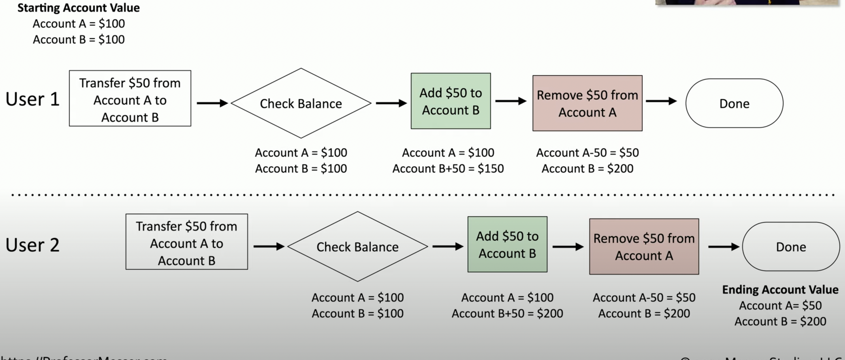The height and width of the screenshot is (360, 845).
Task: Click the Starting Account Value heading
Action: tap(79, 8)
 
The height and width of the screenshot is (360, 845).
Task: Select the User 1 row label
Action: tap(32, 99)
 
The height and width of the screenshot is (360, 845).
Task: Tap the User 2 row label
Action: tap(32, 245)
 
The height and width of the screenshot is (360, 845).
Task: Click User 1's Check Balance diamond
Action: tap(301, 103)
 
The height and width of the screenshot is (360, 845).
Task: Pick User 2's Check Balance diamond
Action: tap(357, 247)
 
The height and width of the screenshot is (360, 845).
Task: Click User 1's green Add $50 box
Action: tap(451, 101)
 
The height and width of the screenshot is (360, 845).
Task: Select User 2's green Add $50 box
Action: tap(507, 244)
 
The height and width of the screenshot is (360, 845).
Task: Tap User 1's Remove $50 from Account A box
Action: tap(587, 103)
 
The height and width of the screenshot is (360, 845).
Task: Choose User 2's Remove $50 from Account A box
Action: tap(644, 247)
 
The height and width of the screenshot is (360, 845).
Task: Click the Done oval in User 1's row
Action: tap(734, 103)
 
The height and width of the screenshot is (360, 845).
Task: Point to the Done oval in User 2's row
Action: tap(791, 247)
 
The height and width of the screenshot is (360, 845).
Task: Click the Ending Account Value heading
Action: tap(780, 289)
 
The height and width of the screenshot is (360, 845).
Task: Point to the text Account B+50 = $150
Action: tap(448, 169)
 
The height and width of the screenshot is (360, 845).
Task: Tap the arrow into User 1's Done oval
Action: tap(661, 101)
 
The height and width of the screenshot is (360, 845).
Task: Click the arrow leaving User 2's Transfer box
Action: tap(269, 246)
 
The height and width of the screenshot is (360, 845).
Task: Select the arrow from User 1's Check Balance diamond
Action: tap(391, 103)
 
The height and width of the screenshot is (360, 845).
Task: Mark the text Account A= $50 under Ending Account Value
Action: tap(780, 306)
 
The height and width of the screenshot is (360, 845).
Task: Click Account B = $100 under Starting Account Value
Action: tap(79, 40)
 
